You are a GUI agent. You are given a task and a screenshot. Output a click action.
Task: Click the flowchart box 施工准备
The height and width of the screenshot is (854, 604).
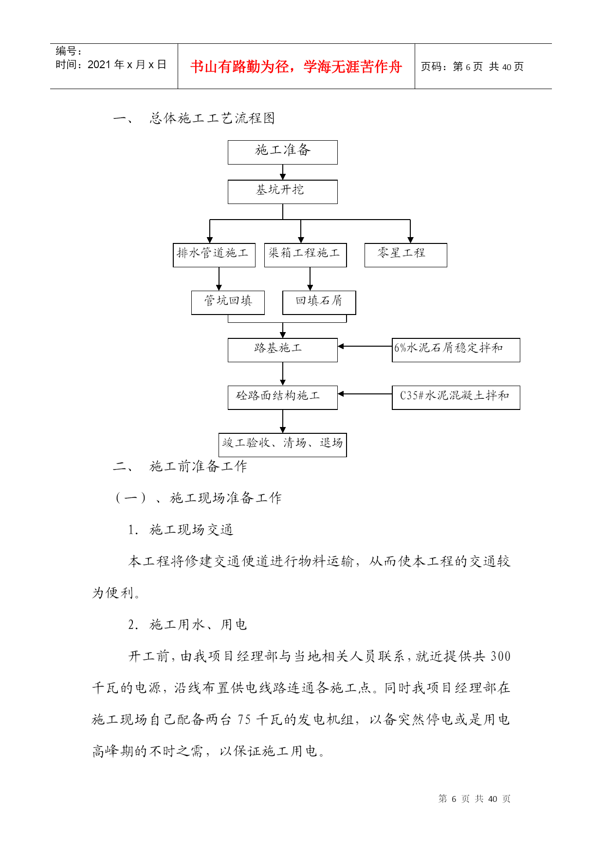[282, 152]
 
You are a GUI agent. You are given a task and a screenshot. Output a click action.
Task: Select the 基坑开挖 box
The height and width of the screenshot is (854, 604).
[282, 192]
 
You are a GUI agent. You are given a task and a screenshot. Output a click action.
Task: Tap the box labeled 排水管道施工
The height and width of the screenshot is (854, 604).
[214, 255]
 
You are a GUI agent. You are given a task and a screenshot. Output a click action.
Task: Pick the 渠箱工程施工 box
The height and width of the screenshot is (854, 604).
[305, 255]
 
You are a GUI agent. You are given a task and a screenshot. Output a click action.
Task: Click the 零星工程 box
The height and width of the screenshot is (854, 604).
[406, 255]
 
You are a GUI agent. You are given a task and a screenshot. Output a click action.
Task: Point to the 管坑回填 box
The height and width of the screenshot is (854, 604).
[228, 303]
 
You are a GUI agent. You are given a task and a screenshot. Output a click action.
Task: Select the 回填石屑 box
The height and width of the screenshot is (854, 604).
[319, 303]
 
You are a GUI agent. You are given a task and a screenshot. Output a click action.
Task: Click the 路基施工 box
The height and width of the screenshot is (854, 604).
[282, 350]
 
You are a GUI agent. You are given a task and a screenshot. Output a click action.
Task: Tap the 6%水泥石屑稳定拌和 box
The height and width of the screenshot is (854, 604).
[456, 350]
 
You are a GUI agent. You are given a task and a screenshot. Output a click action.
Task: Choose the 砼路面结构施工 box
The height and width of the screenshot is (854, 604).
[282, 398]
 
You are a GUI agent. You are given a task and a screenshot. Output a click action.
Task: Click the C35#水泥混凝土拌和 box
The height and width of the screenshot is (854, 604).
[456, 398]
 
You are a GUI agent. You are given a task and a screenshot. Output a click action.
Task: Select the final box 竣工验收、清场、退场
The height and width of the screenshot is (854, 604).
[283, 445]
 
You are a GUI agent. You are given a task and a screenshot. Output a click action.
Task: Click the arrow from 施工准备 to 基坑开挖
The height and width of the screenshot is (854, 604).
[283, 172]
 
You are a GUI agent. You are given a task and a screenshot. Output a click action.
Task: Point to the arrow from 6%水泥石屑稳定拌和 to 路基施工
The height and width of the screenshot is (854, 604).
[365, 346]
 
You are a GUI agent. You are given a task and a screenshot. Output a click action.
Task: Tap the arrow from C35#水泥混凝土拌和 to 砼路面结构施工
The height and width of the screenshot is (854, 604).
[365, 394]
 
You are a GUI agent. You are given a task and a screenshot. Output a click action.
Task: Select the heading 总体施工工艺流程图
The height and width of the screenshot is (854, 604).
[212, 118]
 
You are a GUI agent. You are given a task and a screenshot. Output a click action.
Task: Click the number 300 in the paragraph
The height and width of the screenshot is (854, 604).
[501, 656]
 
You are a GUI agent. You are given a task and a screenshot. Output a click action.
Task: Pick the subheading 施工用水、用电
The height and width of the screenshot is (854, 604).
[198, 625]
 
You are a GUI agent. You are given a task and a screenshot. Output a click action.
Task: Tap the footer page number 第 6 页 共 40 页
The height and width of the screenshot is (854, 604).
[474, 798]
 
